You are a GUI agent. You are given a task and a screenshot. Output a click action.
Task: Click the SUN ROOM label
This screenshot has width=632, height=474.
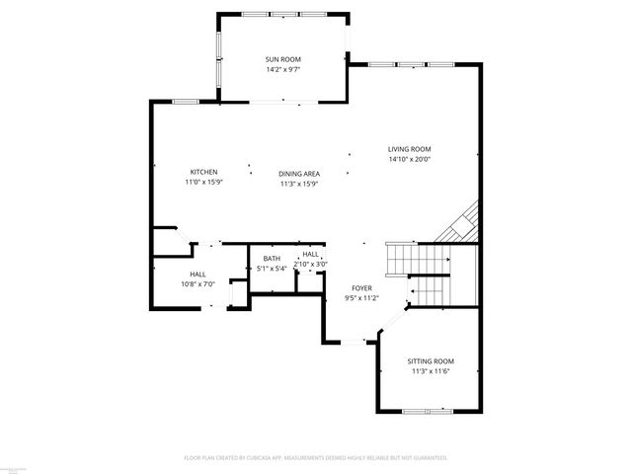[x=282, y=60]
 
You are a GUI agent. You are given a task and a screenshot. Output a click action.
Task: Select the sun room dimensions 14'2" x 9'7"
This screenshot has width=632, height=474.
[x=282, y=70]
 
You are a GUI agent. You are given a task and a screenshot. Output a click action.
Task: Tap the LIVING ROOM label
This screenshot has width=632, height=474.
[x=410, y=149]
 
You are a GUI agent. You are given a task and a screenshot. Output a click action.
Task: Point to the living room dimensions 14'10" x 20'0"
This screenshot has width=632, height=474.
[x=410, y=159]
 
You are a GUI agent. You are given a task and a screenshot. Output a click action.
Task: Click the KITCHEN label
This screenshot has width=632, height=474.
[x=204, y=172]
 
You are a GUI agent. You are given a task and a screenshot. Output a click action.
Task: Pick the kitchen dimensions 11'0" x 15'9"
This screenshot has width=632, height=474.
[x=204, y=182]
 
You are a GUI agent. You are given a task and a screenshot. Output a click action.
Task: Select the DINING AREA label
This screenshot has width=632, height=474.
[x=298, y=173]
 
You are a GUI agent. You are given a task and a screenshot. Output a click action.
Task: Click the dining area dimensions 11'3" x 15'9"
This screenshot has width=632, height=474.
[x=298, y=183]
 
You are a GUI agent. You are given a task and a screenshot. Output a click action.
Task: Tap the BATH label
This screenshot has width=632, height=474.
[x=272, y=259]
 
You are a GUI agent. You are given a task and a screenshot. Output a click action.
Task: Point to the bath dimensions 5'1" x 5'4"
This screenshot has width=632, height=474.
[x=272, y=268]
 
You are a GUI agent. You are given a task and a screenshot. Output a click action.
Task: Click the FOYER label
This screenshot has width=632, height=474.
[x=360, y=288]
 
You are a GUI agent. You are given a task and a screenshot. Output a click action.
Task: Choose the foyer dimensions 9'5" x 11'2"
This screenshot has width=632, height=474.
[x=360, y=298]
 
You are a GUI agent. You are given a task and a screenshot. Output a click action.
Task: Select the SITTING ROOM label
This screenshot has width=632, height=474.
[x=431, y=361]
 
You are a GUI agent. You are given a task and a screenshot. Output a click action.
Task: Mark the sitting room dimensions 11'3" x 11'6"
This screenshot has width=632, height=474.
[x=431, y=371]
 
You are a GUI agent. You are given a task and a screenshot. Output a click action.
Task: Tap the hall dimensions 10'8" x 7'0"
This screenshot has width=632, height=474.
[x=197, y=284]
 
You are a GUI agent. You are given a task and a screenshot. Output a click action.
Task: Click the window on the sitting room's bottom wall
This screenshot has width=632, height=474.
[x=427, y=410]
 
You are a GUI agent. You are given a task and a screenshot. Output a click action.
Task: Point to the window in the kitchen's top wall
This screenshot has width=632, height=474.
[x=185, y=102]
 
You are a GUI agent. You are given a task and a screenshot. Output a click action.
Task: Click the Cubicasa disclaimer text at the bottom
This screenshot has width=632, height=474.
[x=316, y=458]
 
